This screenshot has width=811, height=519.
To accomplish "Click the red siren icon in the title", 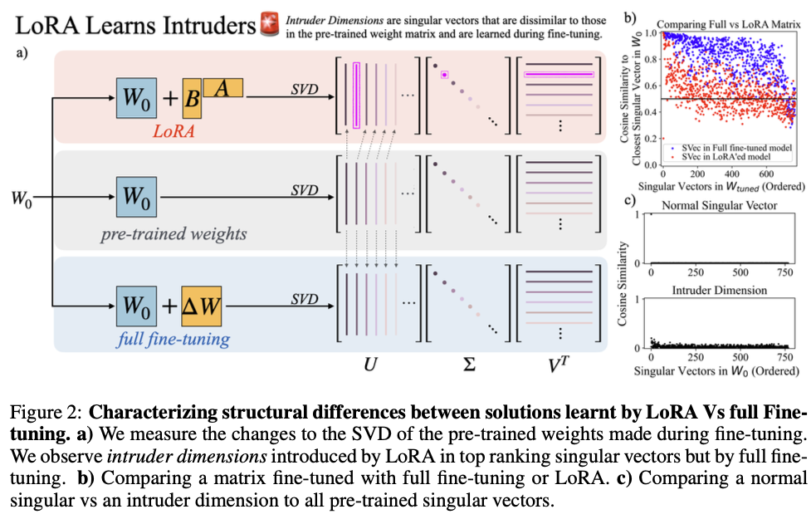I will pyautogui.click(x=268, y=24).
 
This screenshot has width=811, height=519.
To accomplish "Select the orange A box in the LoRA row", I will pyautogui.click(x=222, y=85).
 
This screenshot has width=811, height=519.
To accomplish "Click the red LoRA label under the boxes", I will pyautogui.click(x=173, y=130).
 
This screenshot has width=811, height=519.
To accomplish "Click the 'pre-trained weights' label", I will pyautogui.click(x=173, y=233).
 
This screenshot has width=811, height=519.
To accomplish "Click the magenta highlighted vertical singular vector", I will pyautogui.click(x=357, y=95).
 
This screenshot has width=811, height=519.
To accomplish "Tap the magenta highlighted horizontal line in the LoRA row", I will pyautogui.click(x=559, y=74).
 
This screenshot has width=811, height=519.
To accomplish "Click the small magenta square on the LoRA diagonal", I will pyautogui.click(x=445, y=74).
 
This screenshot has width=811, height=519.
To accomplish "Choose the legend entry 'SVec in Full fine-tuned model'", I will pyautogui.click(x=735, y=146).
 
